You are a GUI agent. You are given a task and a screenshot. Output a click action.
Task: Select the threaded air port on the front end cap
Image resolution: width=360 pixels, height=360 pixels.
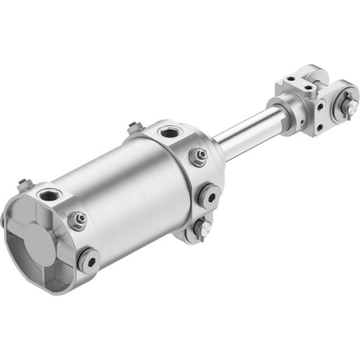(x=171, y=132)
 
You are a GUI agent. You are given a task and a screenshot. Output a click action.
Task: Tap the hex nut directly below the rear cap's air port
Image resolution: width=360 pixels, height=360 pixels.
(x=78, y=218)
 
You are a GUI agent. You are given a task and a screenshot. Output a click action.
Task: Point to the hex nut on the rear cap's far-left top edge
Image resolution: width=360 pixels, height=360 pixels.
(x=24, y=184)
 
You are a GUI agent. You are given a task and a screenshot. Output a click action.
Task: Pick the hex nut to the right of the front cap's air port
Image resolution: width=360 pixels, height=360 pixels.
(x=198, y=156)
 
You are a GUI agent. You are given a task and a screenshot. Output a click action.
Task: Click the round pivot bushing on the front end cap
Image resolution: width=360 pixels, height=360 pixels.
(x=210, y=194)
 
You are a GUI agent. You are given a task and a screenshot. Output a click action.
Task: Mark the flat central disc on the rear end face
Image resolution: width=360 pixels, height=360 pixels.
(x=36, y=234)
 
